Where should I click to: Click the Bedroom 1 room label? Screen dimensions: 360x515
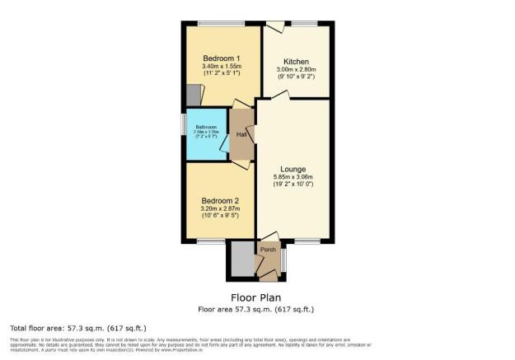[x=221, y=58]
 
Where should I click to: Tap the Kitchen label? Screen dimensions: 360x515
[x=296, y=62]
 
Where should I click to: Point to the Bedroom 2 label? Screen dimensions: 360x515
[x=219, y=200]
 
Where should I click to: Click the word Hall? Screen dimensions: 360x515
[x=241, y=134]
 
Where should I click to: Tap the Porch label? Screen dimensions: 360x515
[x=267, y=249]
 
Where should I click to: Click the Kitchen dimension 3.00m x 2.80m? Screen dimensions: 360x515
[x=296, y=71]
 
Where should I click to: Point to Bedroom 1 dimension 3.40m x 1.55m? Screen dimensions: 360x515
[x=221, y=67]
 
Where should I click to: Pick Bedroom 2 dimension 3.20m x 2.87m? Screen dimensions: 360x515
[x=219, y=209]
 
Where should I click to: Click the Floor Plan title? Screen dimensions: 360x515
[x=257, y=297]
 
